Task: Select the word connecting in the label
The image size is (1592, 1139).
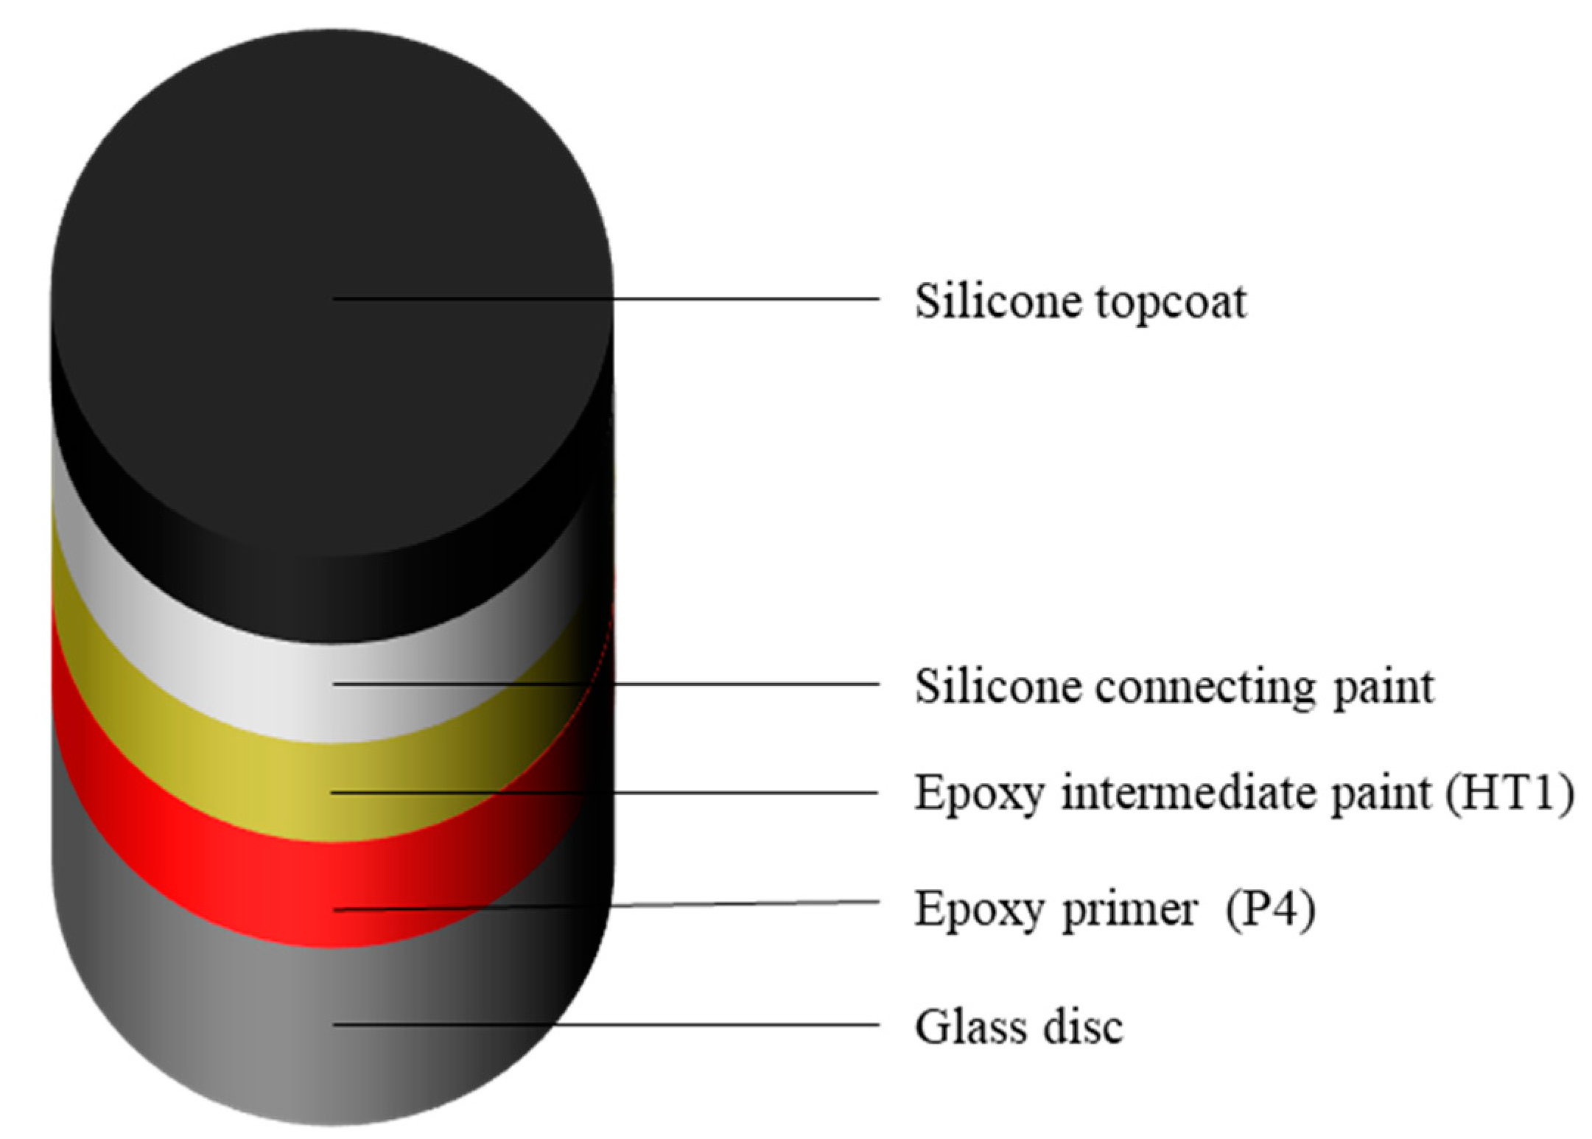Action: point(1204,688)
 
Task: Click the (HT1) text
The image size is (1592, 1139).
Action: point(1509,794)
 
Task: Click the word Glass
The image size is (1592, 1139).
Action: point(972,1026)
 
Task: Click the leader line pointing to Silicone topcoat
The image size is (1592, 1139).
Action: point(737,299)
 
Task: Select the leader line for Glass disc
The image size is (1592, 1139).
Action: point(737,1025)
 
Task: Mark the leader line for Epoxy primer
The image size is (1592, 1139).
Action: point(737,904)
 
